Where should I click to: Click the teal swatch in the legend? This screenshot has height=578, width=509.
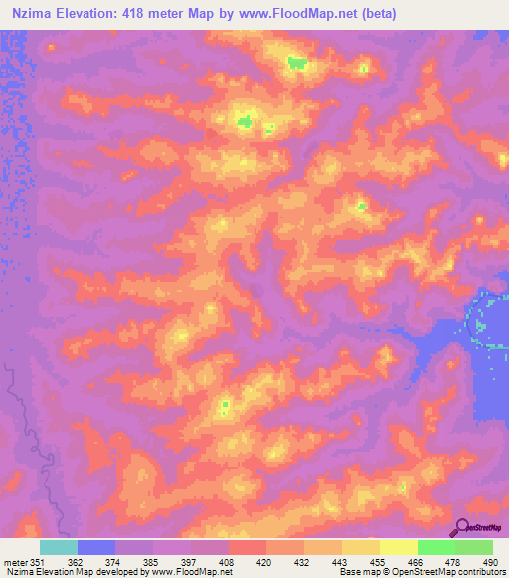pyautogui.click(x=59, y=547)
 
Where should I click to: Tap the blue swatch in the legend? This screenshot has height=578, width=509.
pyautogui.click(x=96, y=547)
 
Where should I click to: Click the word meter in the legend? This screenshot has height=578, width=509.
pyautogui.click(x=15, y=561)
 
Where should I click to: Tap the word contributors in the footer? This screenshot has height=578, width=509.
pyautogui.click(x=481, y=572)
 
